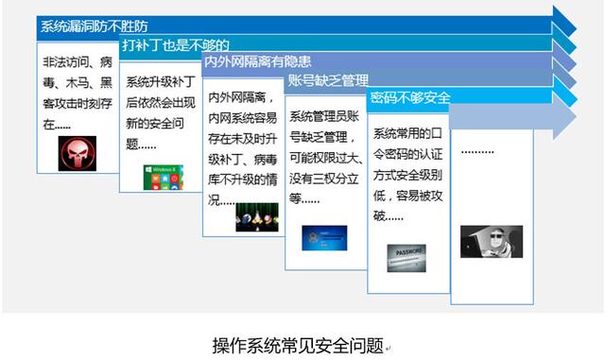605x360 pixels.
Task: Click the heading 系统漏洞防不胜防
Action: [94, 26]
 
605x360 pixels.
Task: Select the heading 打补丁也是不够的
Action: [176, 44]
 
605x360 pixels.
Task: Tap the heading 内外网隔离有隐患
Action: [257, 62]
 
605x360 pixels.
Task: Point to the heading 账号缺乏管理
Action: [328, 80]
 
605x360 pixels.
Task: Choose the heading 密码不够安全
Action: [410, 97]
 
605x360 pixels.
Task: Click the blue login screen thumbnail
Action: [325, 236]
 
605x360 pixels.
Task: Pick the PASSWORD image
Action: [406, 255]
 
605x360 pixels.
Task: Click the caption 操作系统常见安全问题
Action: [298, 344]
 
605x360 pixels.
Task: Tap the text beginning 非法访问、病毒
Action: [78, 93]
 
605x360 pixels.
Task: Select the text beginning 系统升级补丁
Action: [161, 113]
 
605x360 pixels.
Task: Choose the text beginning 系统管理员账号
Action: [325, 157]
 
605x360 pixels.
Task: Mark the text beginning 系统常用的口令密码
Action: [407, 174]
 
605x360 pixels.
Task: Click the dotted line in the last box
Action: [477, 152]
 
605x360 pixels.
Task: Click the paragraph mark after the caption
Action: [388, 348]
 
